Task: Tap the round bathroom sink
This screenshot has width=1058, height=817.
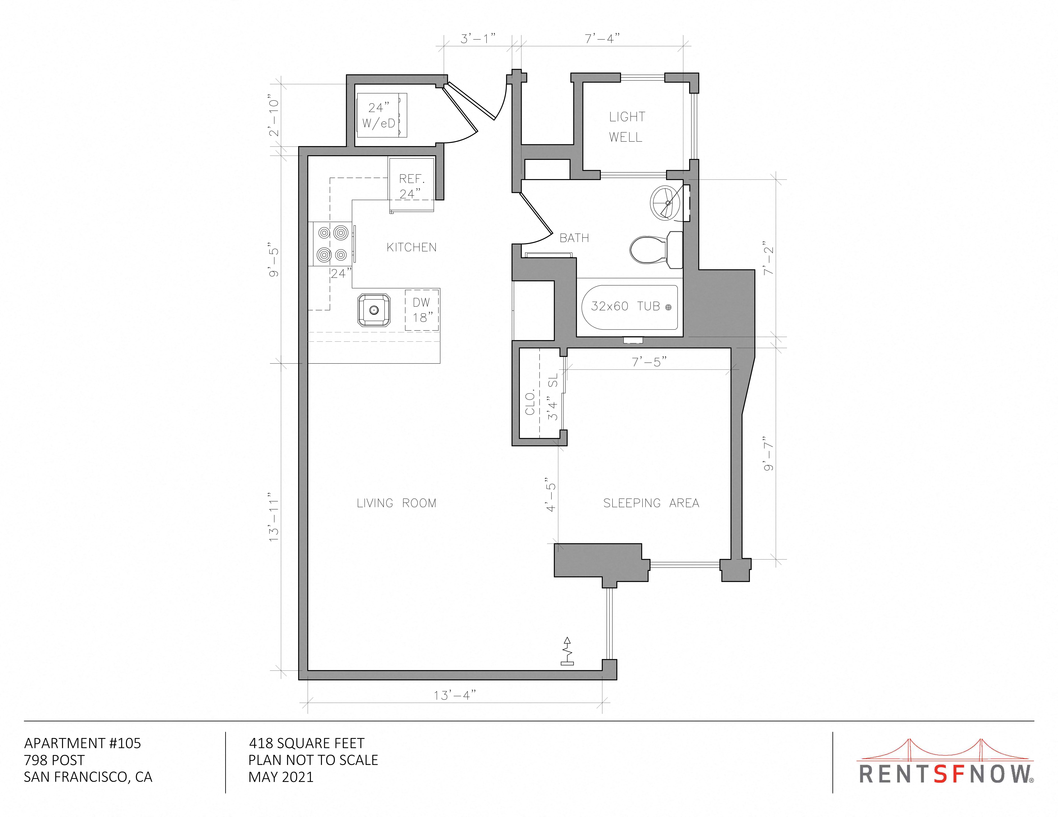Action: click(668, 202)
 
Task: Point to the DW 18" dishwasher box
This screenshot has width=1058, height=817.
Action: click(422, 310)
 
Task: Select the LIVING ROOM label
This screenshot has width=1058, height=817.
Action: click(396, 503)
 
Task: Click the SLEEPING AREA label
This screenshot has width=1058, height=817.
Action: click(651, 503)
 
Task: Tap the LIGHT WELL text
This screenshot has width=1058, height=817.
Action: click(627, 127)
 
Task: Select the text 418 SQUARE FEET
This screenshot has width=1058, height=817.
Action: click(307, 743)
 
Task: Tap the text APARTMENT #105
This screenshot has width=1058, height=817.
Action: click(82, 743)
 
